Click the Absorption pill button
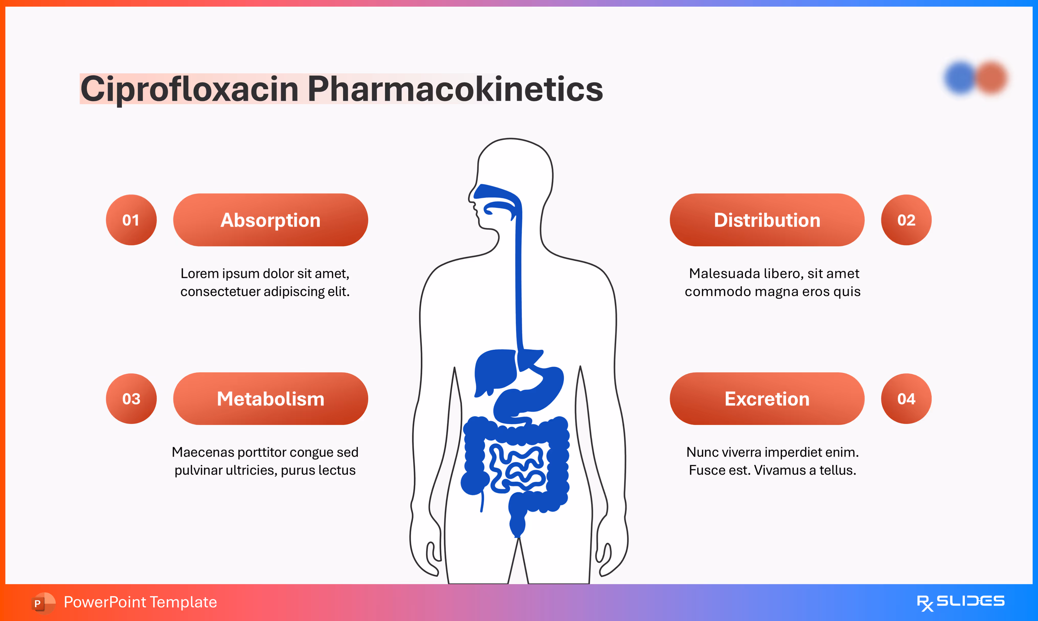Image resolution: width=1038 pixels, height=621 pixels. coord(270,220)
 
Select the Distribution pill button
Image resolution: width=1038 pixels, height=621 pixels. coord(767,220)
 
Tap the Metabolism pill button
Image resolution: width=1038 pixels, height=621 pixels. coord(270,399)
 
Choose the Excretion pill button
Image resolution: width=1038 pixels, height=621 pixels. coord(767,399)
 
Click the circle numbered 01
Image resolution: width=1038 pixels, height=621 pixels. coord(131,220)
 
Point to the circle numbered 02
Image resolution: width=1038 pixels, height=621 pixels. coord(906,220)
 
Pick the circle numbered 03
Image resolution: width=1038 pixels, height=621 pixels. coord(131,399)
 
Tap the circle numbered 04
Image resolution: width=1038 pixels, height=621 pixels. coord(906,399)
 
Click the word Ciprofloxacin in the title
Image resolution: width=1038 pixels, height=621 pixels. coord(189,89)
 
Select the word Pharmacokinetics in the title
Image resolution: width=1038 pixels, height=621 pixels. coord(455,89)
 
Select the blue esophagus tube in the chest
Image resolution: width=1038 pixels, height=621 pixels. coord(518,284)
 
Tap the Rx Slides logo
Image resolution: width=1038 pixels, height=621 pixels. coord(960,602)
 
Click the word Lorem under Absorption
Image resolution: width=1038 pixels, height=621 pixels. coord(199,274)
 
